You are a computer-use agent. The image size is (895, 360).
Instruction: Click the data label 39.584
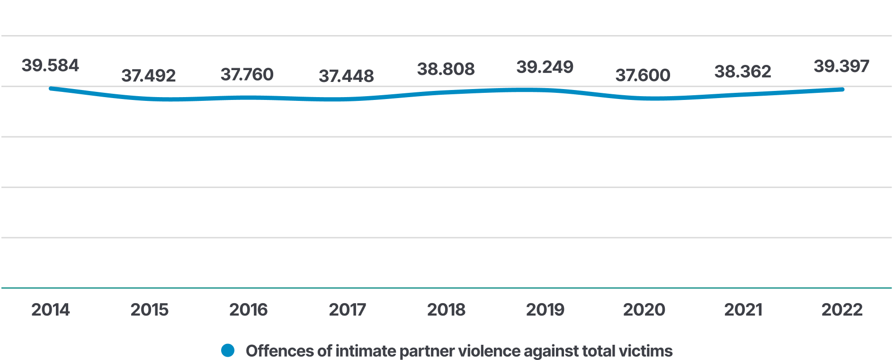click(x=50, y=65)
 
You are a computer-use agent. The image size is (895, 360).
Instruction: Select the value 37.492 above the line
click(x=149, y=76)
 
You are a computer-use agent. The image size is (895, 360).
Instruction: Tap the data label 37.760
click(x=247, y=74)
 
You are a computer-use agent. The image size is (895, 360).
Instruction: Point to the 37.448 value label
click(x=346, y=76)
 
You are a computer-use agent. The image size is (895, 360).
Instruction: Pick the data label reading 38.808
click(x=446, y=69)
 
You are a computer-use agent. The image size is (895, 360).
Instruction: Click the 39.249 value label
click(x=545, y=67)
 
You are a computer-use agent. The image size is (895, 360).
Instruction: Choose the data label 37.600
click(x=643, y=75)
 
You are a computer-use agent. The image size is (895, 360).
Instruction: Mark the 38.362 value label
click(x=743, y=72)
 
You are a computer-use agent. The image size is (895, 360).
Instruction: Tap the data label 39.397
click(x=841, y=66)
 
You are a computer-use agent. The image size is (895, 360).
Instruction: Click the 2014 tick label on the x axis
click(x=50, y=310)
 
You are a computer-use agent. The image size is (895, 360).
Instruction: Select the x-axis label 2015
click(x=149, y=310)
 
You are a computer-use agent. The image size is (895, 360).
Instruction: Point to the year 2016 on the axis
click(x=248, y=310)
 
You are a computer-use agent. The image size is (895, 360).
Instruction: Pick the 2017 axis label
click(x=347, y=310)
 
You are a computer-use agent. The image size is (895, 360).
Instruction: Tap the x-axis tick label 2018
click(x=446, y=310)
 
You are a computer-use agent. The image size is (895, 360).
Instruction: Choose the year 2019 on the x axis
click(x=545, y=310)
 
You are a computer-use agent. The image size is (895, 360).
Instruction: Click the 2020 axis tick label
click(x=644, y=310)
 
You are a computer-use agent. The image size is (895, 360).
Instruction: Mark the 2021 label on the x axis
click(x=743, y=310)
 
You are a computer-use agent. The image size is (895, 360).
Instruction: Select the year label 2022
click(x=842, y=310)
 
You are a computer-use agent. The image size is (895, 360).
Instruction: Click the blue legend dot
click(x=228, y=351)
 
